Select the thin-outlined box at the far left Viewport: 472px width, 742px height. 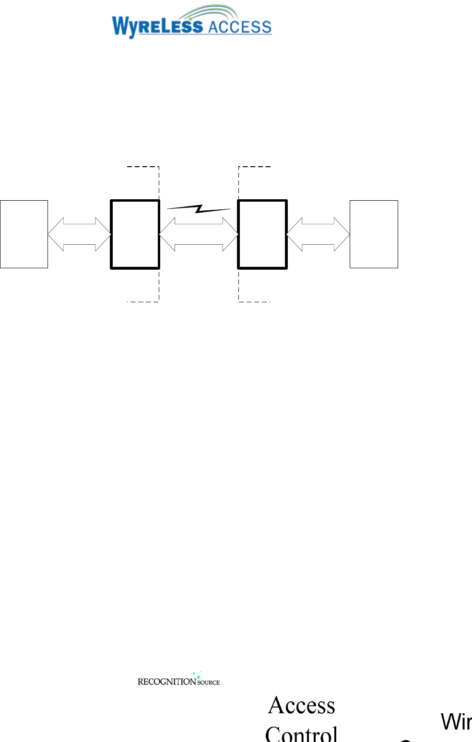coord(24,234)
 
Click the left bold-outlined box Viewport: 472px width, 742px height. coord(135,234)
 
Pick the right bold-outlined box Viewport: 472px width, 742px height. coord(262,234)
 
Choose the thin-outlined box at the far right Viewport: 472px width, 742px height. coord(374,234)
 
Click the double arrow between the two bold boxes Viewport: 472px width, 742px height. coord(199,234)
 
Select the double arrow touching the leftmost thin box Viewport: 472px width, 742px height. coord(80,234)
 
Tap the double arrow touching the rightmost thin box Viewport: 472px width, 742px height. coord(318,234)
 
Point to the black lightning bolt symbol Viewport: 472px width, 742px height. coord(199,208)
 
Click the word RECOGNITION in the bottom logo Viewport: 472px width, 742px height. coord(166,682)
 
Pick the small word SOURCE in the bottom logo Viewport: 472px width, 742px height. coord(209,683)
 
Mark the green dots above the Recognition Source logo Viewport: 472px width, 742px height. coord(197,674)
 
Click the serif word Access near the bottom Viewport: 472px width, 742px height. coord(302,706)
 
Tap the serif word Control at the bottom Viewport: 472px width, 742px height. coord(302,734)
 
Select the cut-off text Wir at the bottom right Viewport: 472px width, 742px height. coord(456,722)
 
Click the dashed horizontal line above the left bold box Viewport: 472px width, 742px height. coord(142,167)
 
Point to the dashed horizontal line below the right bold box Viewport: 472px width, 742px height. coord(255,302)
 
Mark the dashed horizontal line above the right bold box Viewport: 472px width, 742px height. coord(255,167)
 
